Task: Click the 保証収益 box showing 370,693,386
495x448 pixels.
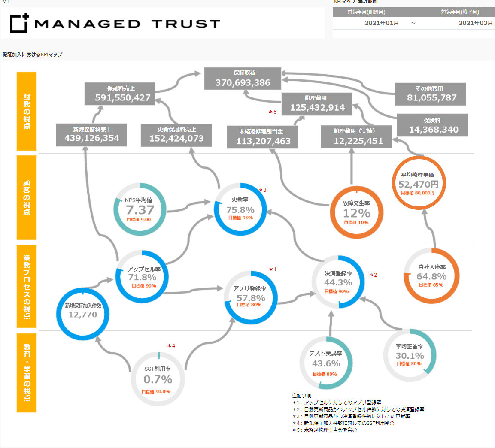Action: click(243, 79)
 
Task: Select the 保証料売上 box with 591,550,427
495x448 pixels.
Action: click(122, 94)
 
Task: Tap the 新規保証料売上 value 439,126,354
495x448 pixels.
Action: click(92, 138)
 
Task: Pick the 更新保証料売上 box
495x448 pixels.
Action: click(176, 135)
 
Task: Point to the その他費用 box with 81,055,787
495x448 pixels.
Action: click(431, 94)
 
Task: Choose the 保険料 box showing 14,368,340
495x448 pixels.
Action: click(433, 126)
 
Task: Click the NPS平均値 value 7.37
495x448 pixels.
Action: click(140, 210)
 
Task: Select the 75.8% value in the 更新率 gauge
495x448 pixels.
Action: click(240, 210)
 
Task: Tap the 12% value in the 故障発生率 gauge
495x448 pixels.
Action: click(356, 213)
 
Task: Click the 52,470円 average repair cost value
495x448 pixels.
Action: click(418, 184)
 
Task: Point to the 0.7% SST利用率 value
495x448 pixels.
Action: click(158, 379)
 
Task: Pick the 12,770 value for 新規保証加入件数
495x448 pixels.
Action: click(83, 315)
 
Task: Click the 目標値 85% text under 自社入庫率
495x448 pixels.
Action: click(431, 285)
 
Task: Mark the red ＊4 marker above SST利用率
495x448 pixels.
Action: click(171, 346)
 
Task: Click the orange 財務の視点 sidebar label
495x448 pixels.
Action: click(27, 112)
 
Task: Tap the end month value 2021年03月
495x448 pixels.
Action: click(476, 23)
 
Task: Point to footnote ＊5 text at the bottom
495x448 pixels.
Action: click(324, 430)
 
